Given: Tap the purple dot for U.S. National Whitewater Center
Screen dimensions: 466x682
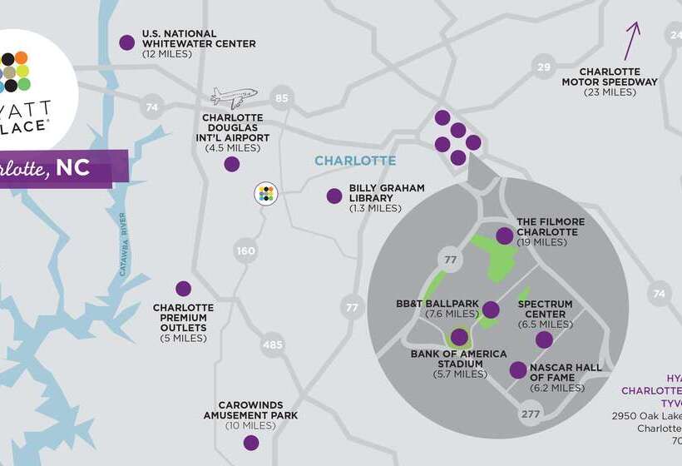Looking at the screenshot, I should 127,42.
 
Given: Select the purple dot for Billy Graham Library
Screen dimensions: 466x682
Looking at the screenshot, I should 334,196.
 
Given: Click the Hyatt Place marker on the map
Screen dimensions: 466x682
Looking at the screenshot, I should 265,194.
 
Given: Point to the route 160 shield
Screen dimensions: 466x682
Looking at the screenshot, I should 246,250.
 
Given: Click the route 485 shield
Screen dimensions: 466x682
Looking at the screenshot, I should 272,344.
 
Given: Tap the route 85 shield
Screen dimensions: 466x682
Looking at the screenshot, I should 282,99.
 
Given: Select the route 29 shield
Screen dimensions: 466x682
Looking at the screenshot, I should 544,67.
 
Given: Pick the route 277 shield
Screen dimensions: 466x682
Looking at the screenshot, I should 531,414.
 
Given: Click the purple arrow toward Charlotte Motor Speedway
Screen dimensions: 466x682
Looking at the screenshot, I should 633,40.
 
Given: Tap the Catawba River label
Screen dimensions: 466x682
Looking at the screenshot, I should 123,245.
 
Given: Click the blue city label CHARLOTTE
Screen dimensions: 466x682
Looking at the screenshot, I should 355,161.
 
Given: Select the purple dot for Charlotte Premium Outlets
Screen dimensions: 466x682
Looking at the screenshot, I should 184,289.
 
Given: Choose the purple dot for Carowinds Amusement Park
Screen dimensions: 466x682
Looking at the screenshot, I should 251,443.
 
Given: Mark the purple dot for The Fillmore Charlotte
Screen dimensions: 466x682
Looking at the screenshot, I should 505,236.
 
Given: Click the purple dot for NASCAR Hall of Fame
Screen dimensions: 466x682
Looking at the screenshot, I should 518,370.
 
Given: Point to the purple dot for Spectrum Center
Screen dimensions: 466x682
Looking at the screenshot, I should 544,340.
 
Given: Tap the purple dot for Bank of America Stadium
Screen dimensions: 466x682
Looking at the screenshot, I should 459,337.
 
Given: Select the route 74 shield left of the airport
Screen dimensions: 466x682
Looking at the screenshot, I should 151,107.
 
